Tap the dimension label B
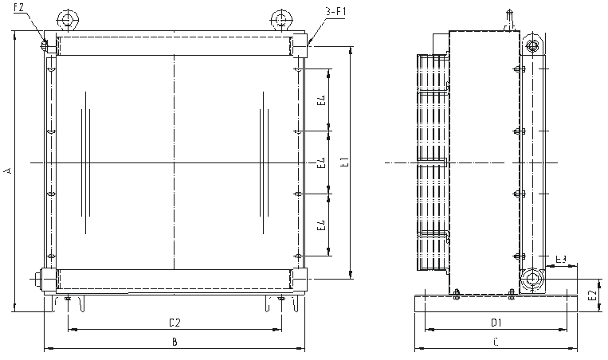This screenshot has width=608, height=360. [175, 342]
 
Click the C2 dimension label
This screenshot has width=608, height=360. [175, 322]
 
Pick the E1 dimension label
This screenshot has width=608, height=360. [344, 163]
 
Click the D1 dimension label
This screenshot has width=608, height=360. [495, 322]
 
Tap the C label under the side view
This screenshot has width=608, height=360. [495, 342]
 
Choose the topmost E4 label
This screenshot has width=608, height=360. [320, 100]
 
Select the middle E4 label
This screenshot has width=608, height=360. [320, 163]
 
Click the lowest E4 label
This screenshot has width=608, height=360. [320, 225]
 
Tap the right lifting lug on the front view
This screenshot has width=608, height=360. [280, 18]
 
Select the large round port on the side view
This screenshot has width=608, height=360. [531, 280]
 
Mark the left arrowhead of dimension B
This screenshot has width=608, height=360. [45, 348]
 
